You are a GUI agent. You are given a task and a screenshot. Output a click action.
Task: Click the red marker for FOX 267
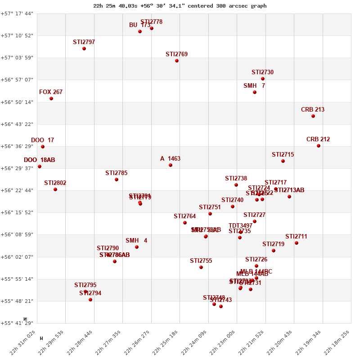51,99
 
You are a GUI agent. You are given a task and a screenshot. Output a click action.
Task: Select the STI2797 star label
84,42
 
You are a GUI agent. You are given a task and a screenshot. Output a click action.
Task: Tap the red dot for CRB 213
313,116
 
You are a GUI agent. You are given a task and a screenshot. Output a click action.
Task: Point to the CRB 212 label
318,139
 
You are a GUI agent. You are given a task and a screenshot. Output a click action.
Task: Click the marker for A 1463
171,165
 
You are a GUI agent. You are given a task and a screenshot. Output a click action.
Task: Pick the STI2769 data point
177,61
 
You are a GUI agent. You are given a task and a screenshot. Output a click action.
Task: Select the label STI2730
262,72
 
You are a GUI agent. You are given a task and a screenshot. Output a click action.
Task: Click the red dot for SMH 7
255,92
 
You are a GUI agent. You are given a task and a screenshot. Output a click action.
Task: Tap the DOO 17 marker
43,147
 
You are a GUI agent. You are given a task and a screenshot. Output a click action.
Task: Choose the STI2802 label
55,183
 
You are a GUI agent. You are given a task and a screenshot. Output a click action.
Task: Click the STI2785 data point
117,180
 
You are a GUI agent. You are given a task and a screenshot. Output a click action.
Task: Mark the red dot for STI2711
297,243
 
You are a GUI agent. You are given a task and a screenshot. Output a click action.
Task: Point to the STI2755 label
201,261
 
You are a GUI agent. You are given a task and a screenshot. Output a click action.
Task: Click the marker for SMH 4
137,247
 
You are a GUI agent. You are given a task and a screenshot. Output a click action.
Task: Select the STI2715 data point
283,161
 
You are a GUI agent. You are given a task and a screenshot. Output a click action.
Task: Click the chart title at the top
180,6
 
